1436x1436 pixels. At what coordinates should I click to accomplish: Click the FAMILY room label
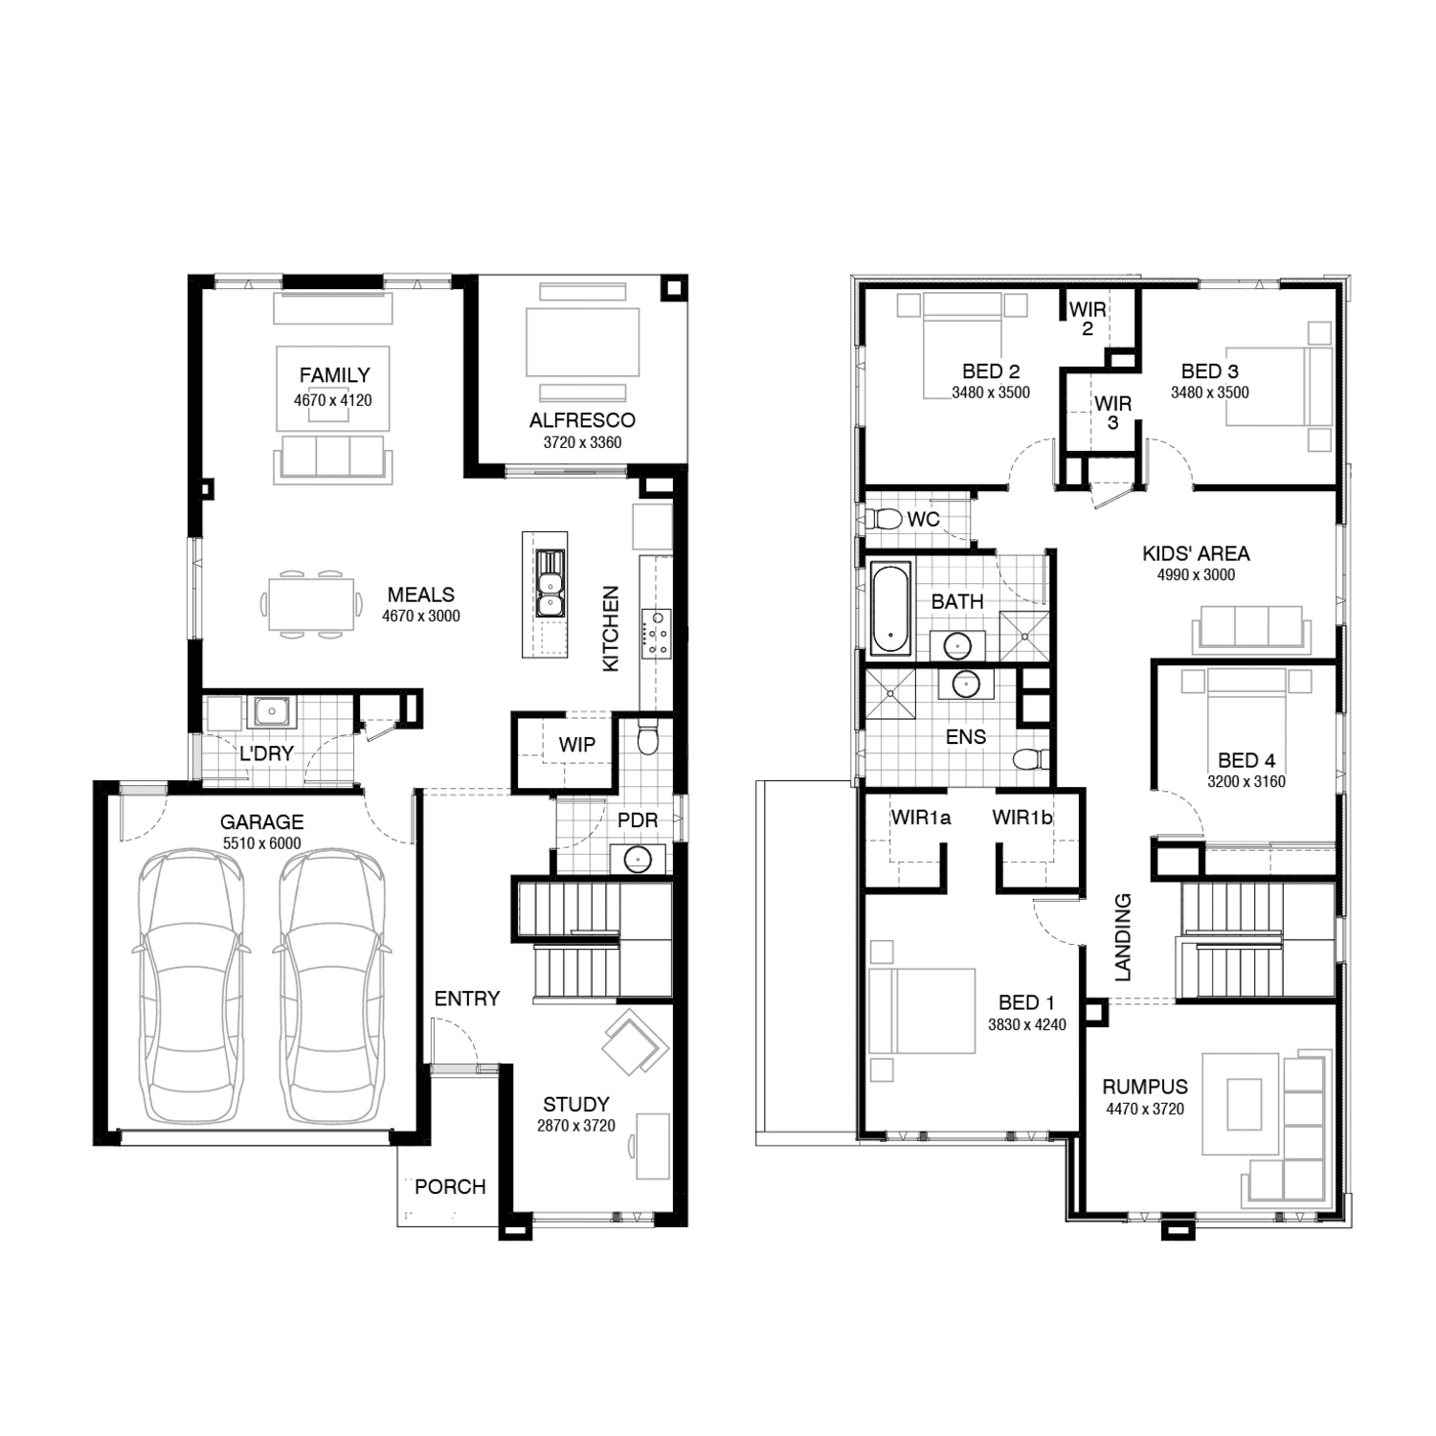tap(334, 375)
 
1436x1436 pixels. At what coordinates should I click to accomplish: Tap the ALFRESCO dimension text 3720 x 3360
tap(582, 442)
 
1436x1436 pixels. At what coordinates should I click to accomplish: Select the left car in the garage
tap(190, 987)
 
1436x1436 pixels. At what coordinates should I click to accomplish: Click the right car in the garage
tap(331, 987)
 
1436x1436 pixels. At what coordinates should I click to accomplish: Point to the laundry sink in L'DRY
tap(273, 711)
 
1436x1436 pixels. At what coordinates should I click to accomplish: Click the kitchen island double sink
tap(550, 584)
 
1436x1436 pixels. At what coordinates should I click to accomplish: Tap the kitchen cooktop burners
tap(658, 633)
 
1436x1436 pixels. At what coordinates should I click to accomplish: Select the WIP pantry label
tap(577, 745)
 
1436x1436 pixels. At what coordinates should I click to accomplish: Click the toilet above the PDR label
tap(648, 738)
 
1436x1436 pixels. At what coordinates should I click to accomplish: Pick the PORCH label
tap(450, 1187)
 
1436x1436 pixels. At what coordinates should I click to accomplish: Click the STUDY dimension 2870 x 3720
tap(575, 1126)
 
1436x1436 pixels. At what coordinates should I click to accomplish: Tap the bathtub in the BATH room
tap(889, 609)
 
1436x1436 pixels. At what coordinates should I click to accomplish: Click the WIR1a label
tap(921, 818)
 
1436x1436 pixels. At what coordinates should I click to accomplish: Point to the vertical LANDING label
tap(1124, 937)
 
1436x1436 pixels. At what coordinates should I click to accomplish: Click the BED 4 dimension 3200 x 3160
tap(1246, 782)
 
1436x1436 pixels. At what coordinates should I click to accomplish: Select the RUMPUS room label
tap(1145, 1088)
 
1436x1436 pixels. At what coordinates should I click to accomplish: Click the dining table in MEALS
tap(311, 604)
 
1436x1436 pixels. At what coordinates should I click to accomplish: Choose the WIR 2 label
tap(1088, 319)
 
